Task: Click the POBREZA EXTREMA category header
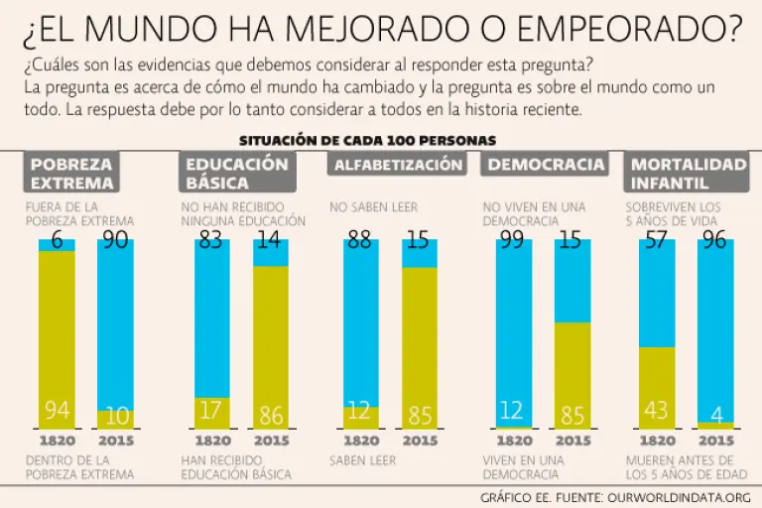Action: click(72, 173)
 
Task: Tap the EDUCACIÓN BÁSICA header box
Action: click(237, 173)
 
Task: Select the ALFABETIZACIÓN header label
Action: click(398, 165)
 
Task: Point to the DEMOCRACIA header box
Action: click(547, 165)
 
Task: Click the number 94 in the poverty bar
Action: click(57, 411)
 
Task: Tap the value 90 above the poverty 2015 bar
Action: click(115, 240)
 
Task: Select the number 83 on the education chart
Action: click(209, 240)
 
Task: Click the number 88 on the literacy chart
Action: click(360, 240)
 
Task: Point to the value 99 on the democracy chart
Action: click(512, 240)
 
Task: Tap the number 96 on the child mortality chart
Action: click(715, 240)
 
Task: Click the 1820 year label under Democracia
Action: click(512, 441)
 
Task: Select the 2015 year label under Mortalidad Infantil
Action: click(715, 441)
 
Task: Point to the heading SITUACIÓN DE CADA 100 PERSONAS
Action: click(367, 140)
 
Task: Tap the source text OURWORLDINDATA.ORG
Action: click(680, 495)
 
